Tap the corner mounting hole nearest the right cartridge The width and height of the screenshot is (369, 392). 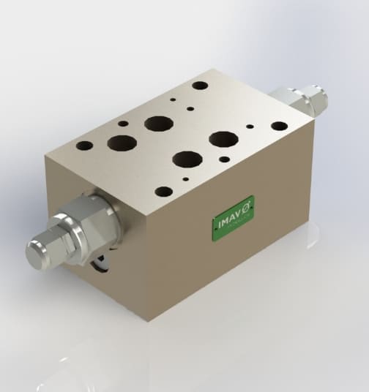279,126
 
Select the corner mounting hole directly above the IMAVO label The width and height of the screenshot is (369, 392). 164,192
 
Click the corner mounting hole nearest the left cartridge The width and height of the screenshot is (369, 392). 84,146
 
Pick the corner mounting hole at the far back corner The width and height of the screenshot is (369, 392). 199,85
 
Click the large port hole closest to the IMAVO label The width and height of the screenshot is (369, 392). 187,159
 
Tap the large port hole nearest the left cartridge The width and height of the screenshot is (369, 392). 122,142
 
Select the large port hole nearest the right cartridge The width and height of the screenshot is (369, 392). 221,138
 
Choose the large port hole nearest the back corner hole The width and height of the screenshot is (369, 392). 157,123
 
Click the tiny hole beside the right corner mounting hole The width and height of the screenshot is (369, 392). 250,126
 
